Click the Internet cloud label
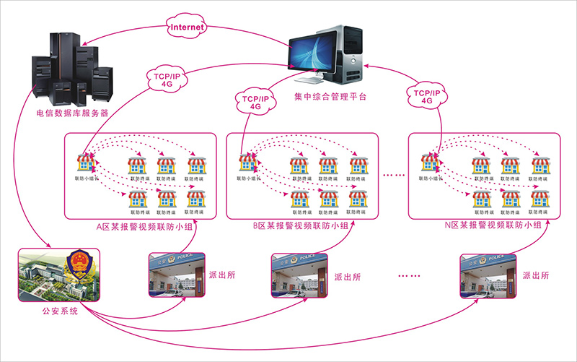pyautogui.click(x=186, y=27)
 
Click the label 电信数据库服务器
pyautogui.click(x=72, y=113)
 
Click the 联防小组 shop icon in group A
pyautogui.click(x=85, y=163)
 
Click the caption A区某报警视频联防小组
pyautogui.click(x=141, y=226)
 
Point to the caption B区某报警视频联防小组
pyautogui.click(x=301, y=226)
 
